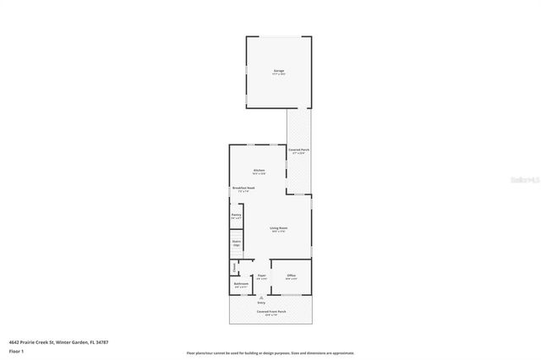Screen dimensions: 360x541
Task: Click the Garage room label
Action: pyautogui.click(x=278, y=71)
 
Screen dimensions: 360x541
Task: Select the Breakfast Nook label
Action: pyautogui.click(x=243, y=190)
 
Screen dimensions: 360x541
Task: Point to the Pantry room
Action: pyautogui.click(x=237, y=216)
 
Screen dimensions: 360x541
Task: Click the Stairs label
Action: pyautogui.click(x=237, y=244)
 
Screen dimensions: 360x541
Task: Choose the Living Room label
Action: pyautogui.click(x=278, y=230)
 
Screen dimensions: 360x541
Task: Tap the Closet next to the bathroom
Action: pyautogui.click(x=234, y=268)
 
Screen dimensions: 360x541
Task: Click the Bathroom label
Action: pyautogui.click(x=241, y=285)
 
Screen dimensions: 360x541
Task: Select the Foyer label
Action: pyautogui.click(x=262, y=276)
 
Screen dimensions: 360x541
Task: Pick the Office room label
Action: pyautogui.click(x=291, y=276)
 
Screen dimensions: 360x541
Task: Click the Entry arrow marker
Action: pyautogui.click(x=262, y=297)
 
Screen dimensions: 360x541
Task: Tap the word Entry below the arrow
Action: pyautogui.click(x=262, y=303)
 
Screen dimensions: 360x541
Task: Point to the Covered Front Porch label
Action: pyautogui.click(x=270, y=311)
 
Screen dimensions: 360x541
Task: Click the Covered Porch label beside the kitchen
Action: pyautogui.click(x=298, y=151)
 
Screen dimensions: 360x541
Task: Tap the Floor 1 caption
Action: pyautogui.click(x=17, y=350)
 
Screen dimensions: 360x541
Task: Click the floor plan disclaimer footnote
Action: pyautogui.click(x=270, y=352)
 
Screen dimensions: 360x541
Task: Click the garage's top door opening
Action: pyautogui.click(x=278, y=36)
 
